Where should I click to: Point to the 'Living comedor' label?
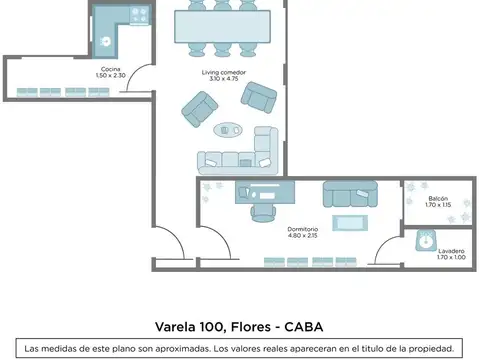(x=221, y=72)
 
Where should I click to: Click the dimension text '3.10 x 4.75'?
(x=221, y=79)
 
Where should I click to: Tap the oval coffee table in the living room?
(x=228, y=128)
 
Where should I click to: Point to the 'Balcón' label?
(x=437, y=198)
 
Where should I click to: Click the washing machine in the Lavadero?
(x=428, y=240)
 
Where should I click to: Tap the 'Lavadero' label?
(x=437, y=252)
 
